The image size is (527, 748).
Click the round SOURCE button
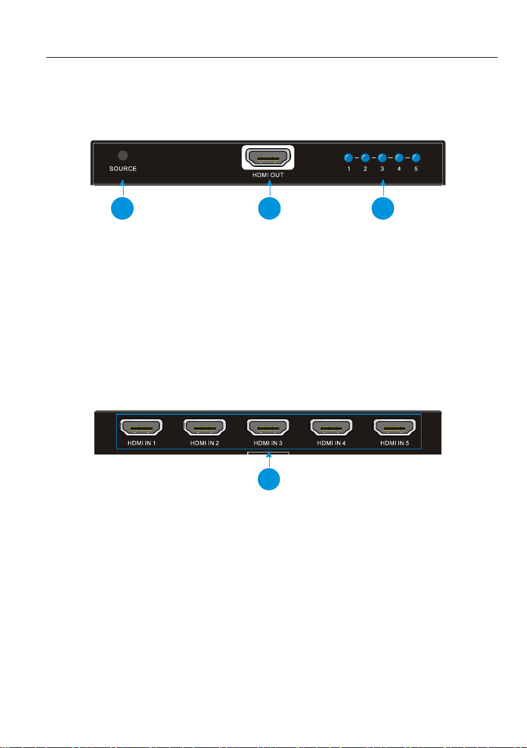click(x=123, y=155)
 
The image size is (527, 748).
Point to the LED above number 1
click(x=349, y=158)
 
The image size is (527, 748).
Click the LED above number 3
click(x=382, y=158)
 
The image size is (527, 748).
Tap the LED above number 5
click(x=415, y=158)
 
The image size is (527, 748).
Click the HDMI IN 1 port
click(x=141, y=428)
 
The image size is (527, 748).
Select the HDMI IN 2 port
click(x=204, y=428)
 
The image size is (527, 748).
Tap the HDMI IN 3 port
click(x=268, y=428)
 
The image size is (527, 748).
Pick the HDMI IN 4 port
click(x=331, y=428)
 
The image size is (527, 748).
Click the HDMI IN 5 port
click(x=395, y=428)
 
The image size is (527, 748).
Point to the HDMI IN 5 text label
click(x=395, y=444)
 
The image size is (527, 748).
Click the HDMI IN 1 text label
click(x=141, y=444)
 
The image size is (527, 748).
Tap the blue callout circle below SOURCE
click(x=122, y=209)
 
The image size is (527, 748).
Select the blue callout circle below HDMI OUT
click(x=269, y=209)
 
